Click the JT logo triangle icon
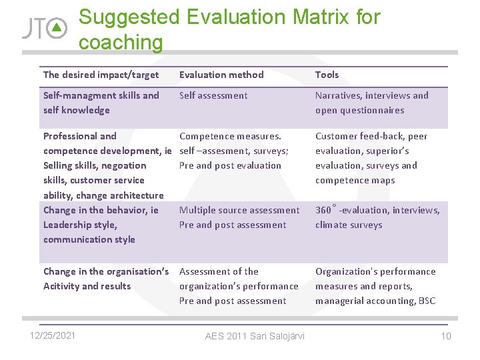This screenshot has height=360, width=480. pyautogui.click(x=59, y=28)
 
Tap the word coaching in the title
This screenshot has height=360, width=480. pyautogui.click(x=121, y=42)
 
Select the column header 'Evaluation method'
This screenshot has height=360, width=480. pyautogui.click(x=221, y=75)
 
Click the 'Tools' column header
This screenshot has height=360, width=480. pyautogui.click(x=327, y=75)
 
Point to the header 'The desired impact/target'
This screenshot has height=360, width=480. pyautogui.click(x=101, y=75)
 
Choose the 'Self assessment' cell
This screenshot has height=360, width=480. pyautogui.click(x=213, y=95)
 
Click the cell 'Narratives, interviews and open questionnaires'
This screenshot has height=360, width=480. pyautogui.click(x=371, y=103)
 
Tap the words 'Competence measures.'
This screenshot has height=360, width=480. pyautogui.click(x=231, y=136)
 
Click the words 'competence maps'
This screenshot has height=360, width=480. pyautogui.click(x=355, y=180)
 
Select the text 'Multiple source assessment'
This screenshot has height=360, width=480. pyautogui.click(x=239, y=210)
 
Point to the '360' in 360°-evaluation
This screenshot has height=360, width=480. pyautogui.click(x=323, y=210)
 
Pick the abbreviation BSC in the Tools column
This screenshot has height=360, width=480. pyautogui.click(x=427, y=301)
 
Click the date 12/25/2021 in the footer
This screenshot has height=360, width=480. pyautogui.click(x=53, y=335)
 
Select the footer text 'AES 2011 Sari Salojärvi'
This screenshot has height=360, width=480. pyautogui.click(x=255, y=335)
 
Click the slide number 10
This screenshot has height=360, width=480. pyautogui.click(x=446, y=335)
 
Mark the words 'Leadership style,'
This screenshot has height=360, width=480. pyautogui.click(x=80, y=225)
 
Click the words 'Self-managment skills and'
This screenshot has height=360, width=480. pyautogui.click(x=101, y=95)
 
